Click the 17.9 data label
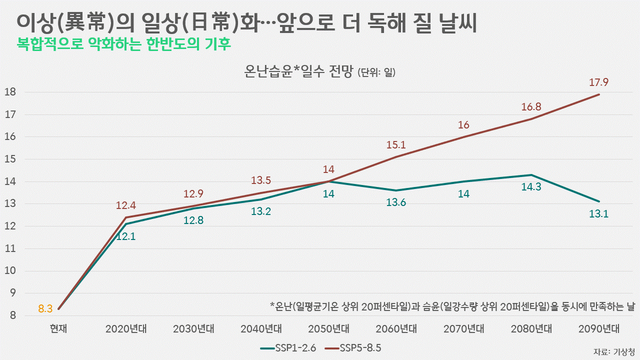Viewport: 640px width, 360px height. click(599, 82)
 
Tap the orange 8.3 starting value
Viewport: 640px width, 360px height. click(45, 309)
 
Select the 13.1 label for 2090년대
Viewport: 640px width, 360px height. click(599, 214)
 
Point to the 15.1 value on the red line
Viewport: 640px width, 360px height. click(396, 145)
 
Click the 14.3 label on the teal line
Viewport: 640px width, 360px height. click(531, 188)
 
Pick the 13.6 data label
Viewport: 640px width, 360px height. click(396, 203)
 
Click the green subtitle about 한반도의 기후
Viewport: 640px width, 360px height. click(124, 44)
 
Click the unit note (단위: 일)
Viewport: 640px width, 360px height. click(376, 73)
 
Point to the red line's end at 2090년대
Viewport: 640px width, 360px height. click(599, 94)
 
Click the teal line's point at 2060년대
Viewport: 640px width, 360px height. click(396, 190)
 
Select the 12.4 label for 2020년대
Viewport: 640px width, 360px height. click(126, 205)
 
